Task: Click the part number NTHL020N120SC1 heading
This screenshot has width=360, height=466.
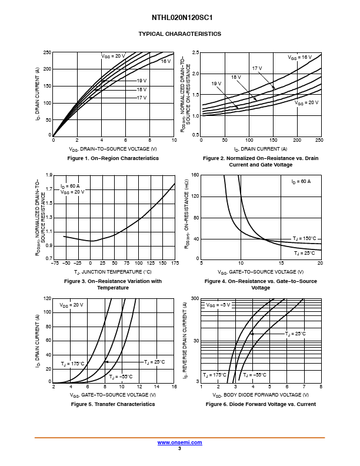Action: pos(180,18)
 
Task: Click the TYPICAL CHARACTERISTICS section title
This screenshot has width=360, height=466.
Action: pos(180,34)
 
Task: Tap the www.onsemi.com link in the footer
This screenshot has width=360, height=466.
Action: pos(179,442)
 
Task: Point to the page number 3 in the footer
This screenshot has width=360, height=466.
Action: pos(179,448)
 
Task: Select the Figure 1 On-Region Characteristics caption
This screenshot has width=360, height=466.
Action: pos(113,158)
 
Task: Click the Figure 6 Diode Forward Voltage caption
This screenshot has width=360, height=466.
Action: pos(261,404)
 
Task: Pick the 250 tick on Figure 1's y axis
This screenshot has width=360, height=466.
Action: pos(46,53)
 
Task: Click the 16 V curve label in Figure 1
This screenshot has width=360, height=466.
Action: pos(166,61)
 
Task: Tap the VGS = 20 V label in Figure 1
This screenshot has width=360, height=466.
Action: pos(114,56)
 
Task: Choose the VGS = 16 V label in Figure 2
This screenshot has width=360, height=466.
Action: pos(299,57)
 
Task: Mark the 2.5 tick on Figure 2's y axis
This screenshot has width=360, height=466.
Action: pos(196,53)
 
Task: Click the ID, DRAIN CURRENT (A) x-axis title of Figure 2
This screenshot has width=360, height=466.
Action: pos(261,149)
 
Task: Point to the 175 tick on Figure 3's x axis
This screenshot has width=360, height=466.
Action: pos(174,263)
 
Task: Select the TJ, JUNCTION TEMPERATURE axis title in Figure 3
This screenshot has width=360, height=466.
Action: pos(113,272)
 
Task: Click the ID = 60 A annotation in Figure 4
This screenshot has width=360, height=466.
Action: pos(301,182)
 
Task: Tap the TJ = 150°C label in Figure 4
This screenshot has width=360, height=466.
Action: pos(304,238)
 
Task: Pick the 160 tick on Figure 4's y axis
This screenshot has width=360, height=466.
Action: pos(195,175)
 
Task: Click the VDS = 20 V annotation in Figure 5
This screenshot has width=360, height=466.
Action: pos(71,305)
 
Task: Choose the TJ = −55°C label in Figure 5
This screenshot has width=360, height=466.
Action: pos(121,377)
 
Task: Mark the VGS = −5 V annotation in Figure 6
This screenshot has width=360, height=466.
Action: pos(218,305)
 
